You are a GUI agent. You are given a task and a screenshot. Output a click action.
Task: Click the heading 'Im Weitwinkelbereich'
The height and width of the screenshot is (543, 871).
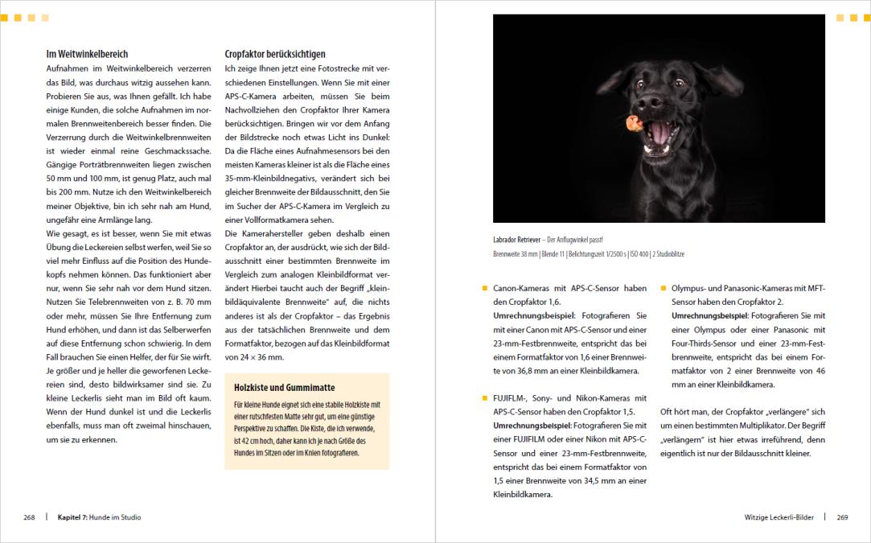[87, 54]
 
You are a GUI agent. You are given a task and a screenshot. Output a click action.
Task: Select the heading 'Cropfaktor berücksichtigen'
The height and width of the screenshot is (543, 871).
[274, 54]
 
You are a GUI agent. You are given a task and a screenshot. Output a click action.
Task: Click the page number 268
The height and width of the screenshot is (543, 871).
[29, 517]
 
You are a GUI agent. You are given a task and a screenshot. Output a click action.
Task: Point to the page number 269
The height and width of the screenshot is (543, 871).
[842, 517]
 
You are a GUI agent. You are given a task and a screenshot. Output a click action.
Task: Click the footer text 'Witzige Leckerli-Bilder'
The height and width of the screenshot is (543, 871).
[780, 517]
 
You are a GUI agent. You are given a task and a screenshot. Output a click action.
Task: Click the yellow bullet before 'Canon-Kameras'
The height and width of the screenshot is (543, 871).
[484, 288]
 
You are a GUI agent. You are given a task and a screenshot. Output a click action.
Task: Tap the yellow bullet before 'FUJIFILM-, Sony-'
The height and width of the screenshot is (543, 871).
[484, 397]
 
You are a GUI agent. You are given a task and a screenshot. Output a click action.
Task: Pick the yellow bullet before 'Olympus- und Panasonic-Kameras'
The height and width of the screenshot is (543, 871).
[663, 288]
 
